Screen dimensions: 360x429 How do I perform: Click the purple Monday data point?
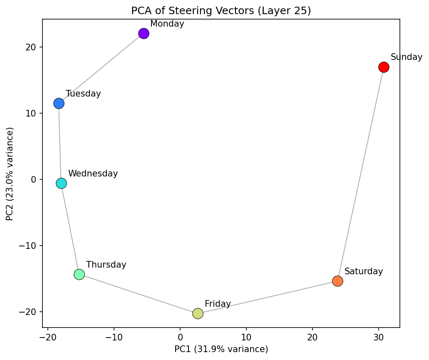point(144,34)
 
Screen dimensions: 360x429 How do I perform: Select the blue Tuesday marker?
point(59,104)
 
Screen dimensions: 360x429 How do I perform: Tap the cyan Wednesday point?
point(61,184)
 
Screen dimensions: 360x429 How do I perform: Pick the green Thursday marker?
point(79,274)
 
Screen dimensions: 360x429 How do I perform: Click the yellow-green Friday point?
point(198,313)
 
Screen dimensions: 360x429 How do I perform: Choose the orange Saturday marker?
point(337,281)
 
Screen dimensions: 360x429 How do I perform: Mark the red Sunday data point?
point(384,67)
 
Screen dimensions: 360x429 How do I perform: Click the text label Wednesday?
point(93,174)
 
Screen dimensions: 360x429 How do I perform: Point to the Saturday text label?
point(363,271)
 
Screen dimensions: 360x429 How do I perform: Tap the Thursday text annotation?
point(106,265)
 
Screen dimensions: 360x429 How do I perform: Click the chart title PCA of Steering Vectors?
point(221,11)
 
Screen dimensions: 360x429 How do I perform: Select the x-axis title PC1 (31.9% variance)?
point(221,349)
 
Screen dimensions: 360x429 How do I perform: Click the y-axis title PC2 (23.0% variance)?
point(10,174)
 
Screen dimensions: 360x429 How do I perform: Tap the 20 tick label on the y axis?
point(32,47)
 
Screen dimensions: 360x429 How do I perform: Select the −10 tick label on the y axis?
point(29,246)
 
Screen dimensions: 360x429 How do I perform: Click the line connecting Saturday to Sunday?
point(361,174)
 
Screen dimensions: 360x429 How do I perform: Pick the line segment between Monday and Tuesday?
point(101,69)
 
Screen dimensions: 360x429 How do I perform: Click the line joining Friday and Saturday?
point(268,297)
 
